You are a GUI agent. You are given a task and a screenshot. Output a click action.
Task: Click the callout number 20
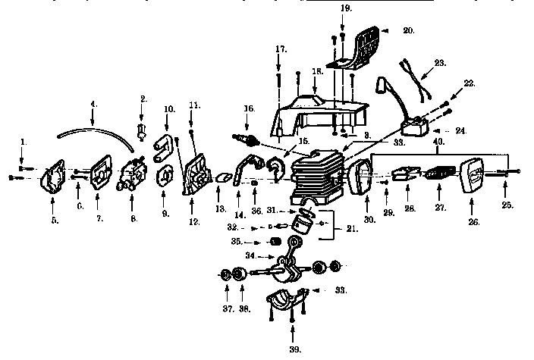pos(409,31)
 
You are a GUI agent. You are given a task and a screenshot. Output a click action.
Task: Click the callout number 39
pos(294,349)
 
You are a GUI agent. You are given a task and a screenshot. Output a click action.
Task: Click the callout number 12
pos(194,222)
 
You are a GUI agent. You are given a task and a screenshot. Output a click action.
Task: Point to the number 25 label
pos(507,205)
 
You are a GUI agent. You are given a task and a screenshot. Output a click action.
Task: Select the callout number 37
pos(227,308)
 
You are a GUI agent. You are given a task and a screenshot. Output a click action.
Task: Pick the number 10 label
pos(169,109)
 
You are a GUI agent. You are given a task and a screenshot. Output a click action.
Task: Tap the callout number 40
pos(438,140)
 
